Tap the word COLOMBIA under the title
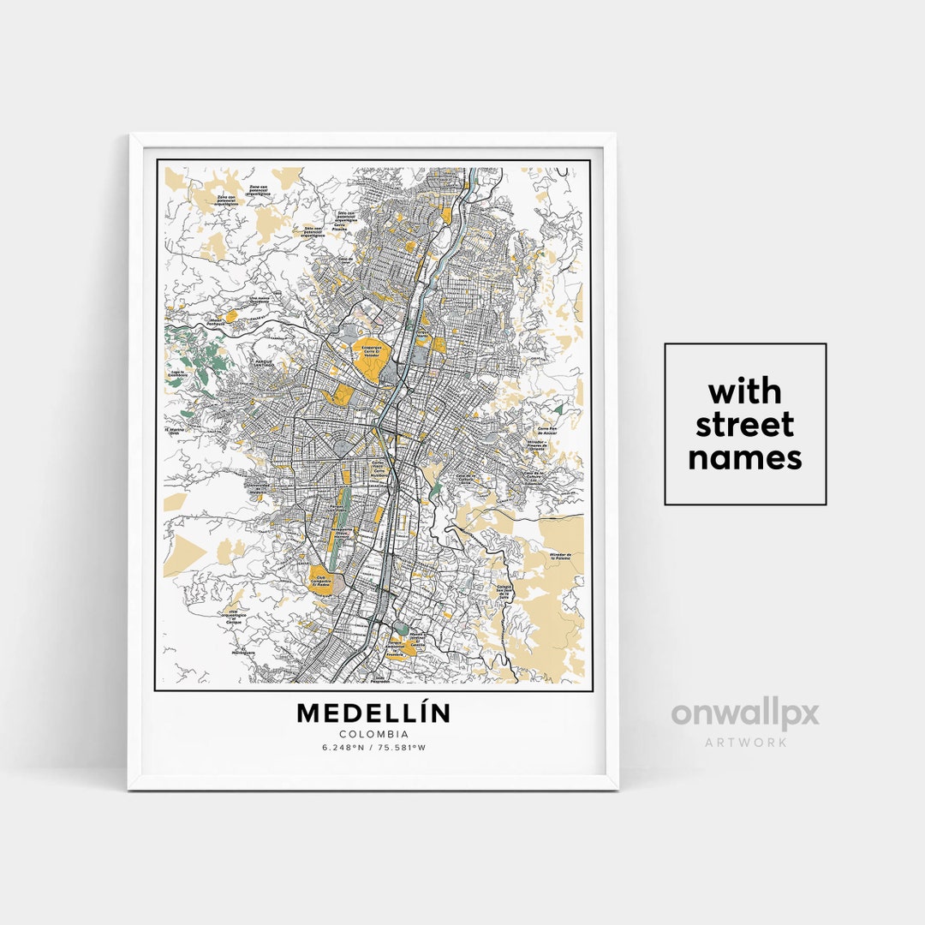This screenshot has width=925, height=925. click(x=373, y=734)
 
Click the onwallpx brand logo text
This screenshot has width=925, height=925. click(x=744, y=714)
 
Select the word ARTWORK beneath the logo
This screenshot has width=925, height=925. click(x=745, y=742)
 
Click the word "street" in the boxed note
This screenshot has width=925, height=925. click(x=744, y=425)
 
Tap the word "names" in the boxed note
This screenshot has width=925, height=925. click(x=744, y=458)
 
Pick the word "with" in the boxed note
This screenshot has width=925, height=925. click(x=744, y=392)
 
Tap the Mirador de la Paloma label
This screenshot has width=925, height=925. click(x=569, y=558)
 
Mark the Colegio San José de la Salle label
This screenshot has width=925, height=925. click(x=510, y=590)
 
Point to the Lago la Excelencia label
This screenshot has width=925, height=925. click(x=178, y=374)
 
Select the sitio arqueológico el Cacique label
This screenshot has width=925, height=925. click(x=233, y=618)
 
